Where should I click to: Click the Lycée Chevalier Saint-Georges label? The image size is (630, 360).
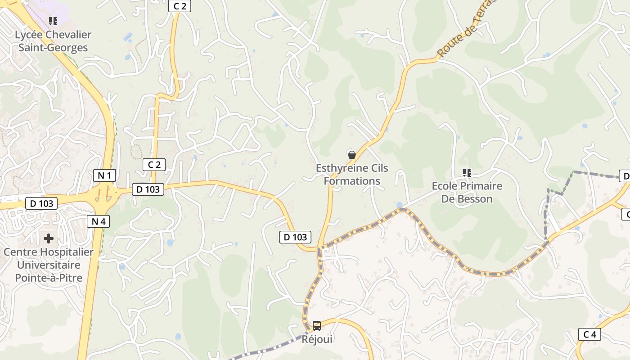click(53, 41)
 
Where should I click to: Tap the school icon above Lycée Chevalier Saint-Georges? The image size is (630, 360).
click(53, 21)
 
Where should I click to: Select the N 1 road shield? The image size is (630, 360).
click(104, 175)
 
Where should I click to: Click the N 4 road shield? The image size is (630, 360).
click(98, 221)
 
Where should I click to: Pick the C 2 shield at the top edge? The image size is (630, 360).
click(180, 6)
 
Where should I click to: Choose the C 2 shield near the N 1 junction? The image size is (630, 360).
click(154, 165)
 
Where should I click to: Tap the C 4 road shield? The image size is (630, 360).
click(589, 334)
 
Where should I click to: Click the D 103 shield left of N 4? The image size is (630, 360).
click(42, 203)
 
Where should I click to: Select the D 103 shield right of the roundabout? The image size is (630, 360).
click(148, 189)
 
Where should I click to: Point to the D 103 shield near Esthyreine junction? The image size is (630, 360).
click(295, 237)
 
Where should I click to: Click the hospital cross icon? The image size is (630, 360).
click(49, 238)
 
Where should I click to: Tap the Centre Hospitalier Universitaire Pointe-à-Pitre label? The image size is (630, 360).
click(49, 265)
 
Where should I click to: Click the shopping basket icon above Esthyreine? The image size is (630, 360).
click(352, 155)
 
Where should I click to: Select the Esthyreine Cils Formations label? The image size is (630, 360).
click(352, 175)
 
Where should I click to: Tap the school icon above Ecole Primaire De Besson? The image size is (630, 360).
click(467, 172)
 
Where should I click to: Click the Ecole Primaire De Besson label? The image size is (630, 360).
click(467, 192)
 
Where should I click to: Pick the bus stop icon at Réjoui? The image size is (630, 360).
click(317, 325)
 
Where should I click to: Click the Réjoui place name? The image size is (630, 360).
click(317, 339)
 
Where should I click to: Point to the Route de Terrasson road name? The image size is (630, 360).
click(466, 29)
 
